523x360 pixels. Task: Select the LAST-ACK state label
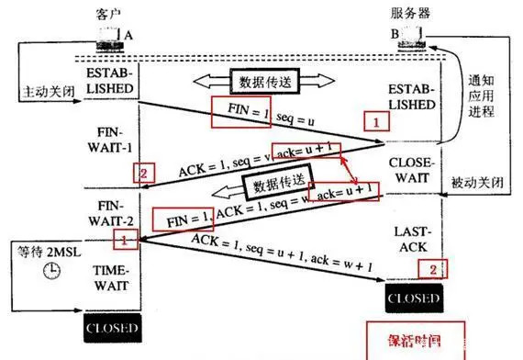click(x=408, y=241)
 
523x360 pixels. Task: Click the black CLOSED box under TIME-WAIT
click(x=111, y=328)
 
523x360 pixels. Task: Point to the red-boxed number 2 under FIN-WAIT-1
click(x=141, y=172)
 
